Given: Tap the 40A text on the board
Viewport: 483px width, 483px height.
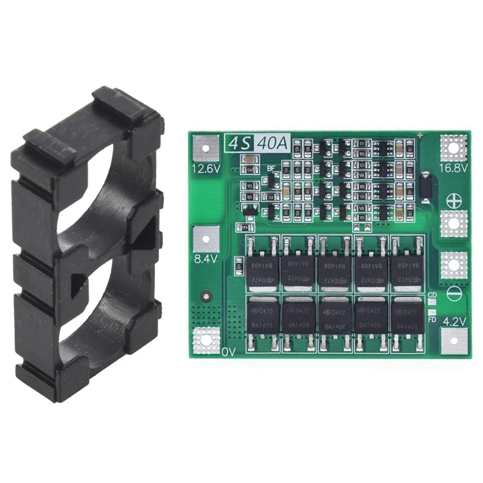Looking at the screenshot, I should click(x=272, y=144).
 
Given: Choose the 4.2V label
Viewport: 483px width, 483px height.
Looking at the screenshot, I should click(x=454, y=321).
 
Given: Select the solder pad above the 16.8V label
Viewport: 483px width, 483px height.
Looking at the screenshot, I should click(x=454, y=147).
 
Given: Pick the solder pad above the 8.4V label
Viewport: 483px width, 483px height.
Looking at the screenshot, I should click(x=205, y=238).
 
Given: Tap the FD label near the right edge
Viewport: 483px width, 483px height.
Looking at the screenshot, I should click(x=432, y=320).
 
